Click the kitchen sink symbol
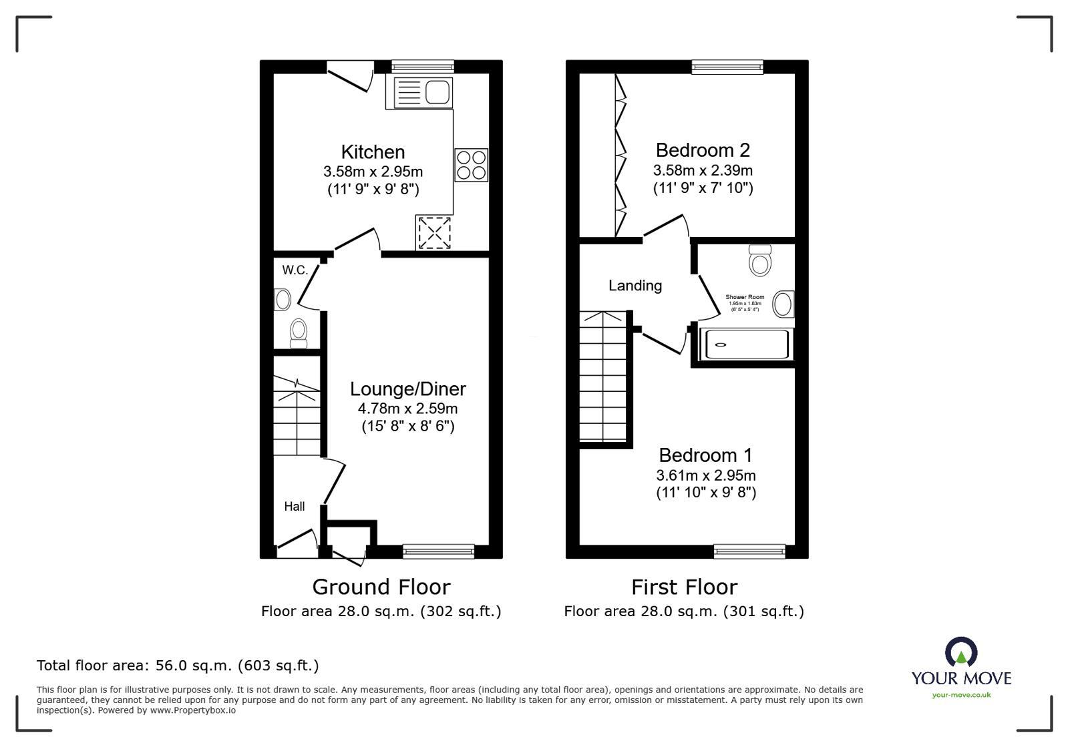[423, 93]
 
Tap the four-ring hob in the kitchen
[471, 165]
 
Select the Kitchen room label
[373, 152]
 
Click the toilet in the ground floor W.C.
[299, 332]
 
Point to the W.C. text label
[295, 270]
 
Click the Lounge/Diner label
[408, 389]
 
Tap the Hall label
[295, 507]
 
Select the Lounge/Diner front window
[438, 551]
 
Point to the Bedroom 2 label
[703, 150]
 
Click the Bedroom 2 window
[727, 66]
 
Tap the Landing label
[635, 286]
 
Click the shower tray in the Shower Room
[744, 345]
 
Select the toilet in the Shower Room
[760, 260]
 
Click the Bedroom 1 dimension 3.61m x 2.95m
[706, 476]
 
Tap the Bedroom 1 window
[749, 551]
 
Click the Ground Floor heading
[381, 587]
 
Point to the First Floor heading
[685, 587]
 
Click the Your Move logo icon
[961, 652]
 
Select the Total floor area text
[178, 666]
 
